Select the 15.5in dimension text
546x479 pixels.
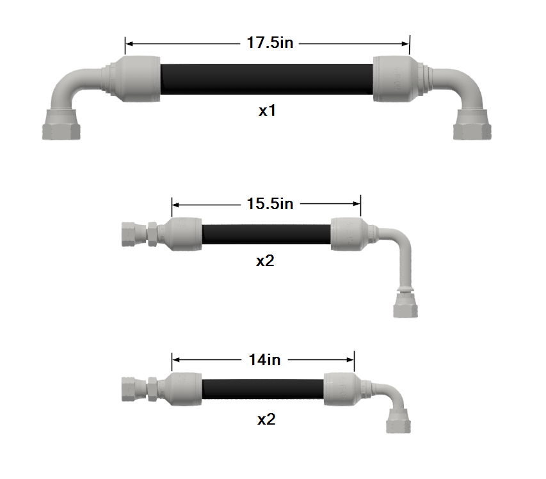(x=269, y=203)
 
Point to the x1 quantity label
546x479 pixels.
(x=267, y=110)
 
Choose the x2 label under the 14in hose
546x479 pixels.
(x=266, y=420)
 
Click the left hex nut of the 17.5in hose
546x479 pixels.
(x=61, y=125)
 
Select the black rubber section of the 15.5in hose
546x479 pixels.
(x=266, y=233)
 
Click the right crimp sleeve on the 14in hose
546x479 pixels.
(x=339, y=388)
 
